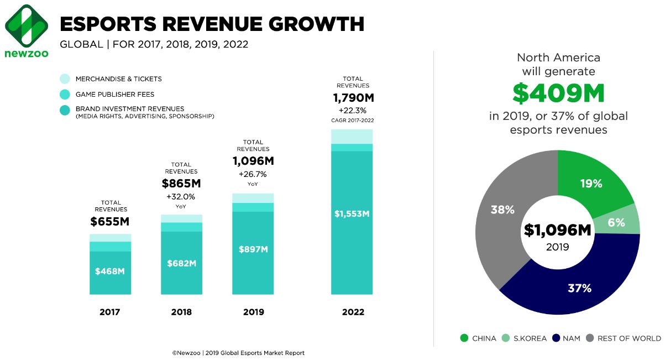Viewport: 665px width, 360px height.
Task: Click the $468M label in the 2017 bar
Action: [110, 271]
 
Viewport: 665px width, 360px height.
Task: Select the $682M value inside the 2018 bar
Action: [181, 263]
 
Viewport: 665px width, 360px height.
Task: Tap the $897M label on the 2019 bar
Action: [253, 249]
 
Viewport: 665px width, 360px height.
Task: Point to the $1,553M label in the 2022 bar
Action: [352, 213]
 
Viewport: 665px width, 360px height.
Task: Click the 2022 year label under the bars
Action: [353, 312]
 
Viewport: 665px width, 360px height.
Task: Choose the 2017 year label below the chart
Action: [110, 312]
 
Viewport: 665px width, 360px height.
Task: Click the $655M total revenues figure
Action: [111, 222]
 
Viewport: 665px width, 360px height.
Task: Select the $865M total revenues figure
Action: [181, 184]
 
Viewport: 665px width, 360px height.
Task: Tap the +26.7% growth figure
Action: [253, 175]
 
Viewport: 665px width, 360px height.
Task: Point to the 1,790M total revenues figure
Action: [352, 98]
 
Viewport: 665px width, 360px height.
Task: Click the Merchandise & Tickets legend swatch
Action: [65, 79]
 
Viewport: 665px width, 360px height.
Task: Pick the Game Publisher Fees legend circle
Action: [65, 95]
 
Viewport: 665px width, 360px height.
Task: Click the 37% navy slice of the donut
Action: [579, 288]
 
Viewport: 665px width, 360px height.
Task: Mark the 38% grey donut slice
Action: [502, 210]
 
